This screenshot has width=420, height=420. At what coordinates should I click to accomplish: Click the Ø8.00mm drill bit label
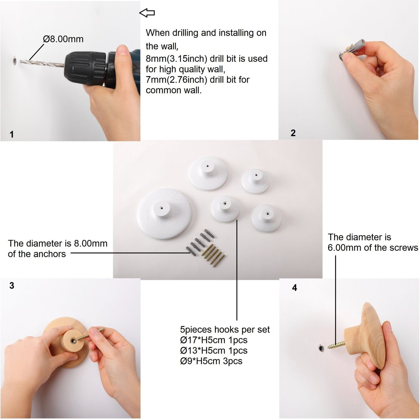pos(63,39)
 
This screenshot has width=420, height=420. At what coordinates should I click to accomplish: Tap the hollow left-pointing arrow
pos(147,12)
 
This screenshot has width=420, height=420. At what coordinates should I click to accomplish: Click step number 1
pos(12,134)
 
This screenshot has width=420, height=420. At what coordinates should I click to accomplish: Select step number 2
pos(293,133)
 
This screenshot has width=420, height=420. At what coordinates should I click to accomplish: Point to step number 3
pos(12,285)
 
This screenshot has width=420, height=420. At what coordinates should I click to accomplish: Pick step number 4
pos(294,288)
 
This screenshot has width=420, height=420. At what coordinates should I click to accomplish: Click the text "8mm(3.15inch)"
pos(176,59)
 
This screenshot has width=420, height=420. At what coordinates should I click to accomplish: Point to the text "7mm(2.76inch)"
pos(176,80)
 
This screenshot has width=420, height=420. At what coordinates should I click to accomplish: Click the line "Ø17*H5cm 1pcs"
pos(214,340)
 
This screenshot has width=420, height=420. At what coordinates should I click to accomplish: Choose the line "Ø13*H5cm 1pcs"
pos(214,350)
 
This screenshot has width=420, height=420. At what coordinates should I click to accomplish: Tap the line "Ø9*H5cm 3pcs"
pos(211,361)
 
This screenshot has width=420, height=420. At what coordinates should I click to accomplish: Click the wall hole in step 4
pos(321,348)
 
